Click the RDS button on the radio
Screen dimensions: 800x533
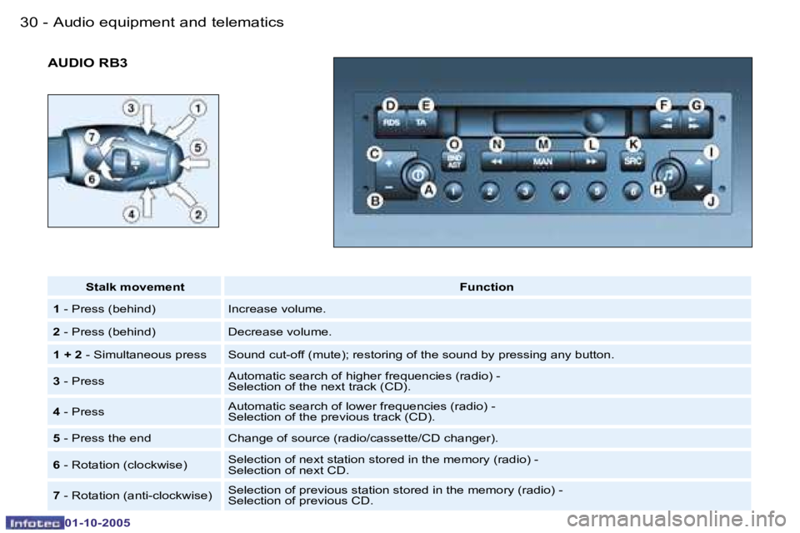[x=392, y=123]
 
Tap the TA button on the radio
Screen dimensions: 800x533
[x=422, y=123]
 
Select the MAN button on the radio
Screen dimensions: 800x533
[x=542, y=162]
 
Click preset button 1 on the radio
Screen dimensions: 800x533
[x=453, y=192]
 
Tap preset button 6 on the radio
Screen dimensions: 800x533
[x=632, y=192]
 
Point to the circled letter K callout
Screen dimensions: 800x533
[x=632, y=144]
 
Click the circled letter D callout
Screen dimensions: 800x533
[x=390, y=106]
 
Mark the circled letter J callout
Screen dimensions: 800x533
[x=711, y=202]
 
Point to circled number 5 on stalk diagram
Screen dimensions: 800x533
[x=198, y=147]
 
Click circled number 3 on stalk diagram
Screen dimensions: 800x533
[x=131, y=108]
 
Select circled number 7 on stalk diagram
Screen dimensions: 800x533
[x=92, y=137]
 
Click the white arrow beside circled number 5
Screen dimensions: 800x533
[x=194, y=163]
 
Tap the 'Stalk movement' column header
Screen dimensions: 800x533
[x=135, y=286]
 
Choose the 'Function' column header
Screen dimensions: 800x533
[x=487, y=286]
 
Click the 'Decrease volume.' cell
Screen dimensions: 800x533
[x=280, y=331]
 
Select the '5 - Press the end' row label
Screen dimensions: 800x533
[x=102, y=438]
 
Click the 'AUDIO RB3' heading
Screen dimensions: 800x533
[x=87, y=62]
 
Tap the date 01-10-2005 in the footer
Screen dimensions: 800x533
[x=97, y=523]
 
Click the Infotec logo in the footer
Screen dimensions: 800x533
[x=35, y=523]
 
